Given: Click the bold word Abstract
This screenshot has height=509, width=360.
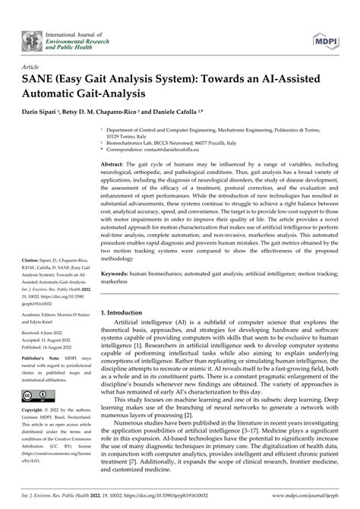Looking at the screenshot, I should (112, 164).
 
